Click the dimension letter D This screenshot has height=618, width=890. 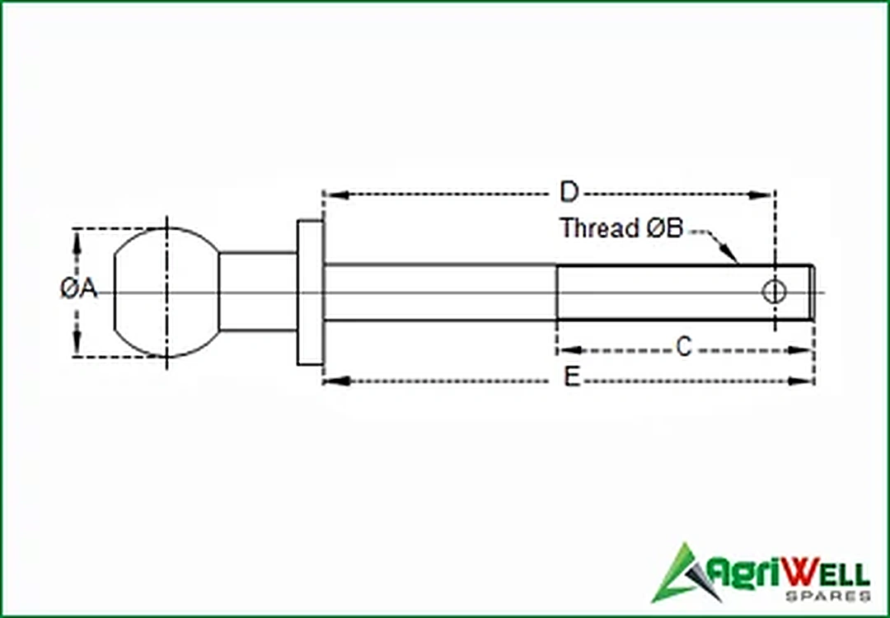[569, 193]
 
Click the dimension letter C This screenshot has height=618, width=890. [684, 347]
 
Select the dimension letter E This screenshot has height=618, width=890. [572, 377]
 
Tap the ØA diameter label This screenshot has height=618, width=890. [79, 289]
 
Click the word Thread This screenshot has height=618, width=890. [600, 227]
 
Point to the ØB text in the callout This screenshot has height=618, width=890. [665, 227]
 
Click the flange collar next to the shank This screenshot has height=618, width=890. [310, 293]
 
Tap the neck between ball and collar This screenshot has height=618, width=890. [258, 293]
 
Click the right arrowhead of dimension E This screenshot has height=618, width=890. [803, 381]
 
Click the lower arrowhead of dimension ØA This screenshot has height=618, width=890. [77, 344]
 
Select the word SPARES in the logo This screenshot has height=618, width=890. [828, 596]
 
